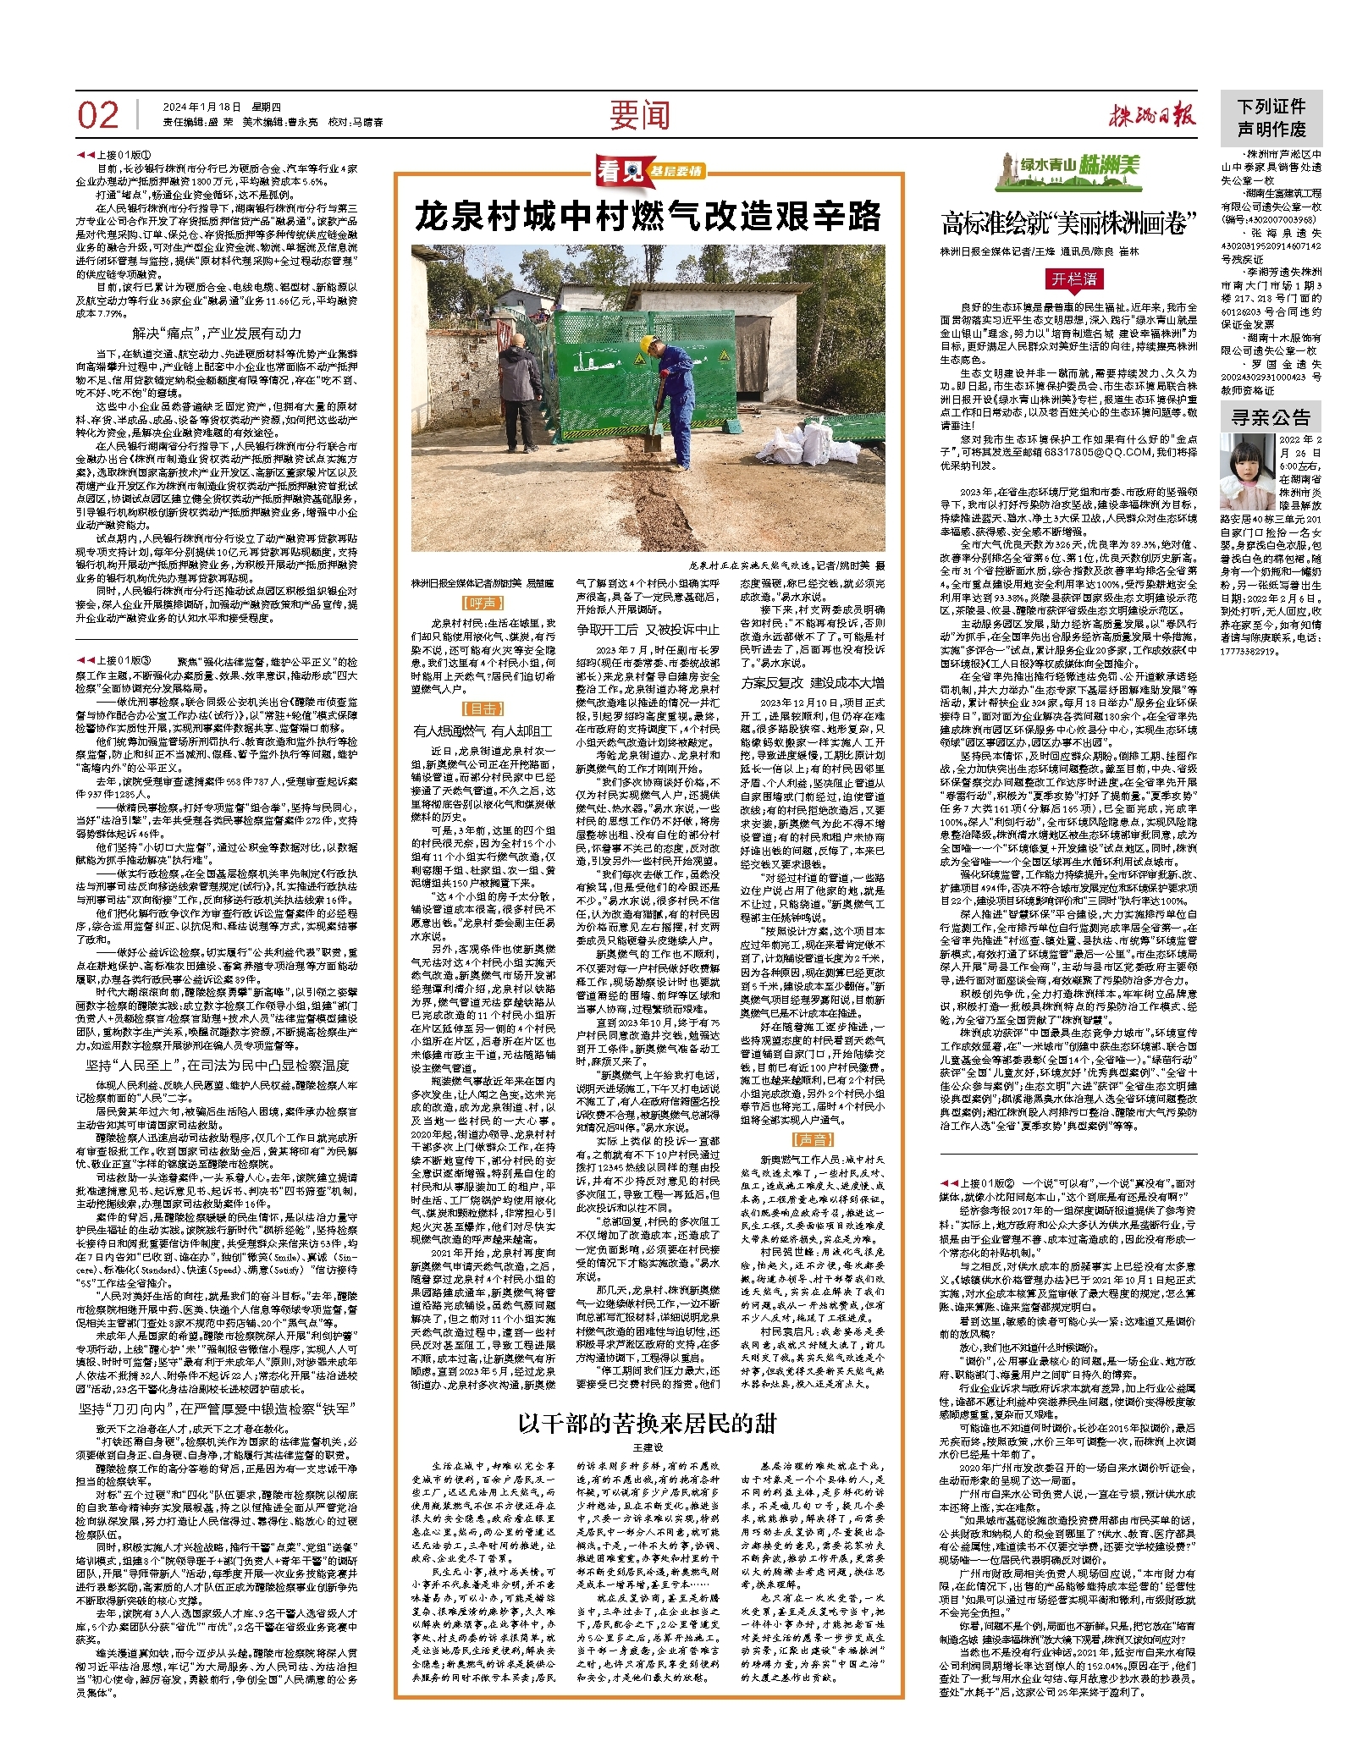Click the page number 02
pos(98,114)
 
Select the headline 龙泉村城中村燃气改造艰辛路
pos(648,217)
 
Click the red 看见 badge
pos(620,172)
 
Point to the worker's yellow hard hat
pos(649,344)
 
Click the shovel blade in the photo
pos(652,441)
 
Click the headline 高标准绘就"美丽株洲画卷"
pos(1069,223)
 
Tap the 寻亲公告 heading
pos(1270,417)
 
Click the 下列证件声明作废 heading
pos(1271,118)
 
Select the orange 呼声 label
pos(484,603)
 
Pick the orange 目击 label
pos(484,708)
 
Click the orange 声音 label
pos(812,1139)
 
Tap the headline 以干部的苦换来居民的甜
pos(647,1423)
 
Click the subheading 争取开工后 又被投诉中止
pos(648,629)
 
